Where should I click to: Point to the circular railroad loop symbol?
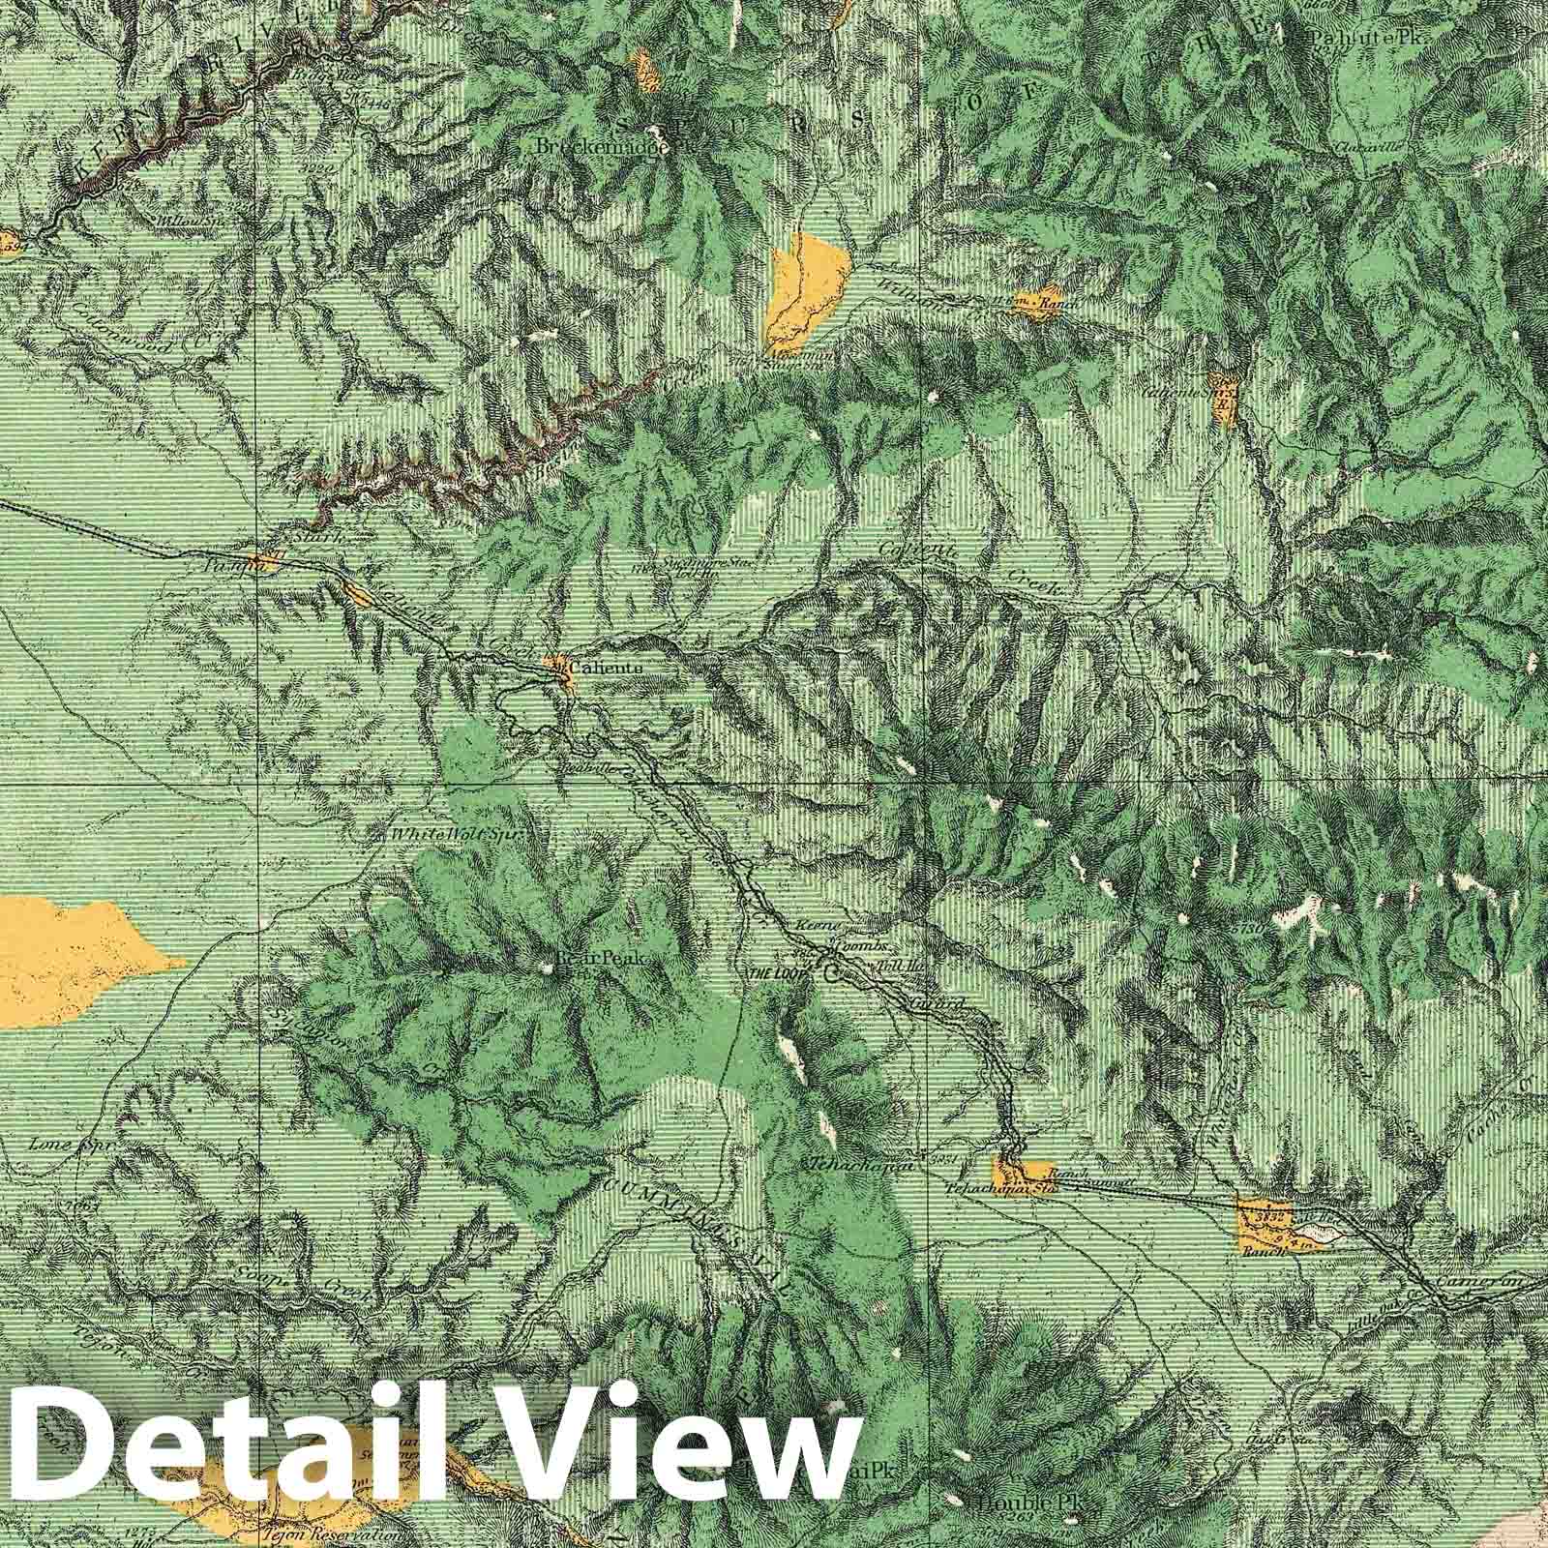point(833,974)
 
